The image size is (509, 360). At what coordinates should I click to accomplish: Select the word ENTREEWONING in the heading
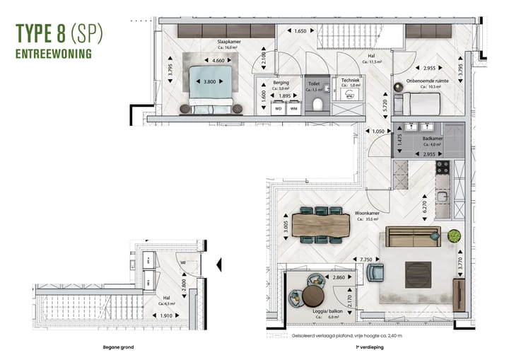[54, 52]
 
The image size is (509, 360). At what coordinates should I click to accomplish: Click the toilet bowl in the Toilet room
[317, 105]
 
